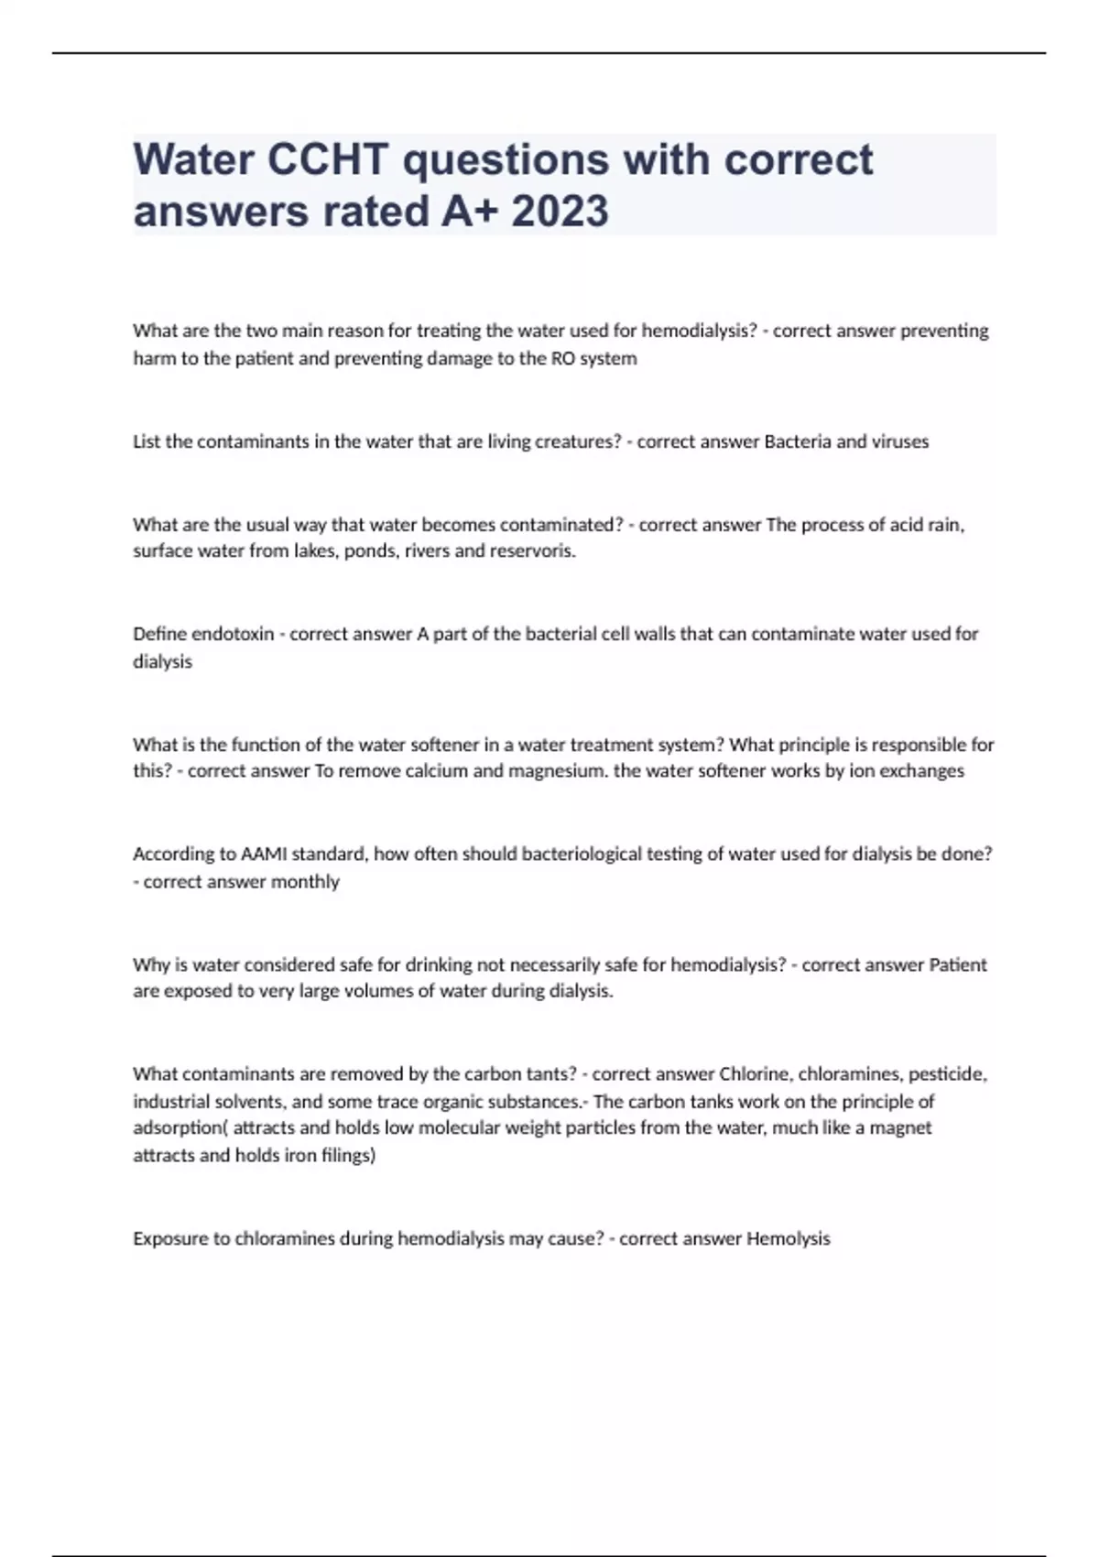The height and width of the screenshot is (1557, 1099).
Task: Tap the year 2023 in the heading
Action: coord(560,212)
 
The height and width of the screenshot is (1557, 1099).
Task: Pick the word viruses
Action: coord(900,441)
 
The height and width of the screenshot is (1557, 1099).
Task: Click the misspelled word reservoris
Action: coord(538,551)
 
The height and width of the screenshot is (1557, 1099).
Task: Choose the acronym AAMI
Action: coord(264,854)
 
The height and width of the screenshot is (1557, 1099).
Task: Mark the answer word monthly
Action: coord(304,882)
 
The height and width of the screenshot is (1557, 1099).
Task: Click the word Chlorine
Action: coord(754,1073)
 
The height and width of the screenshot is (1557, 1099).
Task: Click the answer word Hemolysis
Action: coord(788,1239)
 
